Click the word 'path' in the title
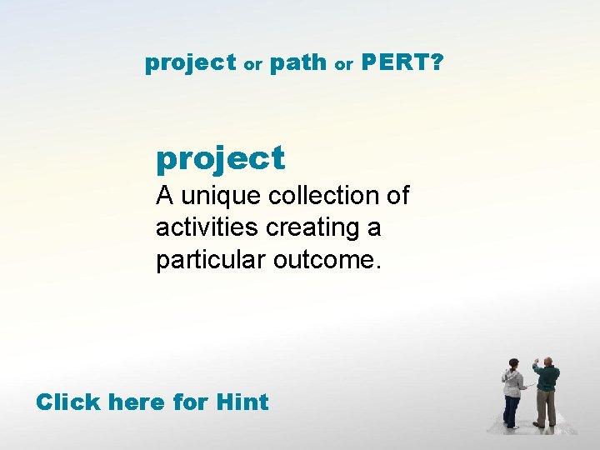[x=298, y=63]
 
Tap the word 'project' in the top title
[x=191, y=63]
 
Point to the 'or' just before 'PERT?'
[x=343, y=65]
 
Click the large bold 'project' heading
[x=220, y=157]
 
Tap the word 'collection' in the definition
[x=327, y=197]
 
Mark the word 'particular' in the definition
[x=208, y=260]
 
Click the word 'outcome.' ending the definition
[x=327, y=260]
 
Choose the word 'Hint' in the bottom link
[x=242, y=402]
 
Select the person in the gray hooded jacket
[x=512, y=392]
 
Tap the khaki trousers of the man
[x=546, y=409]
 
